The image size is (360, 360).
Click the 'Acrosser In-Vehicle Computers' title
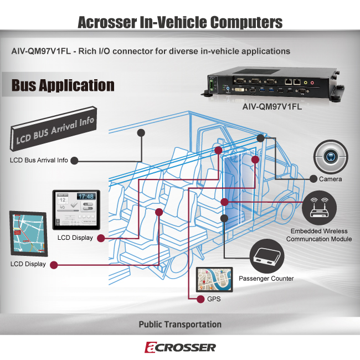click(x=180, y=23)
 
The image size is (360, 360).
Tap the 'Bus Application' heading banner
click(x=63, y=85)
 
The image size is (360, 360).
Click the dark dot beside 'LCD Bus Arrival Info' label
click(x=74, y=161)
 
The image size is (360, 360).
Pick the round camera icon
click(x=330, y=157)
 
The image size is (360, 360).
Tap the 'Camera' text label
click(x=330, y=179)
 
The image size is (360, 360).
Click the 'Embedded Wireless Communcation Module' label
click(x=321, y=235)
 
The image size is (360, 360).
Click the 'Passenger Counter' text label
click(x=266, y=278)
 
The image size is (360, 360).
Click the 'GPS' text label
click(x=213, y=300)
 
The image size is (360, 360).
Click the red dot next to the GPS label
click(x=200, y=300)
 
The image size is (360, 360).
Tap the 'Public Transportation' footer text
click(x=180, y=325)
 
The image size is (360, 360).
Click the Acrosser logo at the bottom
click(x=180, y=347)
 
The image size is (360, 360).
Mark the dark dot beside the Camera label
click(x=313, y=179)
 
